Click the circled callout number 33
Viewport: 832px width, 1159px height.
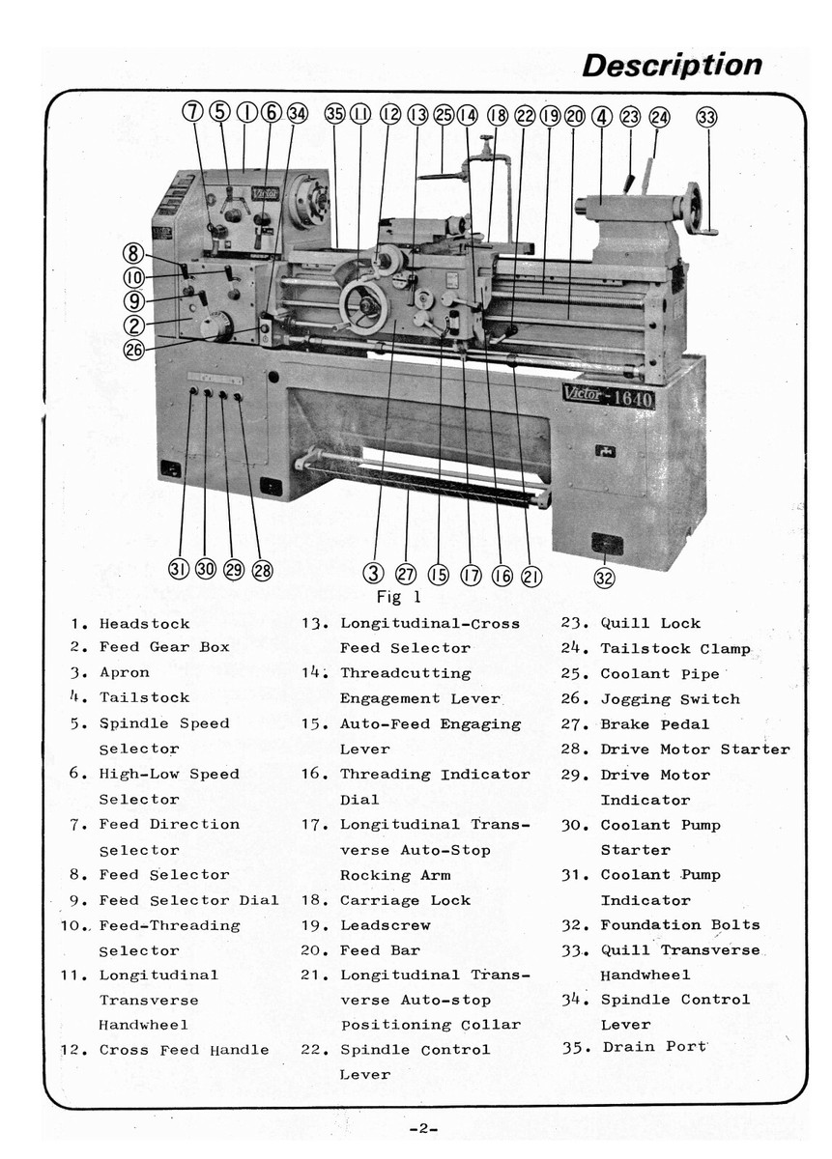pyautogui.click(x=706, y=118)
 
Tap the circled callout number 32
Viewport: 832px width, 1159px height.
pyautogui.click(x=605, y=578)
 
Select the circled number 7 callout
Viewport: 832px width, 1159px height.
pyautogui.click(x=193, y=112)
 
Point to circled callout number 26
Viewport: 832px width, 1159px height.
pyautogui.click(x=134, y=350)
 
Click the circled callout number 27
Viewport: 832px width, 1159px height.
pyautogui.click(x=406, y=573)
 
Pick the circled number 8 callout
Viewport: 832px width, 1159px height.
pyautogui.click(x=132, y=255)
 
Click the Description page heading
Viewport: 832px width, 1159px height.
pyautogui.click(x=672, y=66)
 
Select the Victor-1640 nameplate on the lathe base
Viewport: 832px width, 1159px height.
pyautogui.click(x=608, y=396)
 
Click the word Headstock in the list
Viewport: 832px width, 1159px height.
pyautogui.click(x=144, y=624)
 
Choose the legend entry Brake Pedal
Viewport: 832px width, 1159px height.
pyautogui.click(x=654, y=724)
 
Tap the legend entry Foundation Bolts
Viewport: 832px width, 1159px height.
pyautogui.click(x=679, y=925)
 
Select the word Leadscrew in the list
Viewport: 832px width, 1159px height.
pyautogui.click(x=385, y=925)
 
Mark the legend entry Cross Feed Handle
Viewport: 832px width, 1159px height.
pyautogui.click(x=184, y=1050)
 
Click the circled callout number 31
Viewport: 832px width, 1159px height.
pyautogui.click(x=180, y=569)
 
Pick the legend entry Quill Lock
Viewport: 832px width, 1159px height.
pyautogui.click(x=650, y=624)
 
